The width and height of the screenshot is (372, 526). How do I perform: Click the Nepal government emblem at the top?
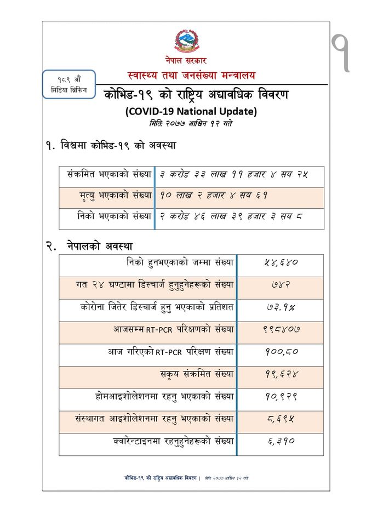click(x=186, y=40)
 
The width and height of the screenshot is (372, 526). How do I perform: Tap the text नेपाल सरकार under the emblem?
click(x=186, y=60)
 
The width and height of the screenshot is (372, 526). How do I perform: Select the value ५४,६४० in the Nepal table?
click(x=280, y=262)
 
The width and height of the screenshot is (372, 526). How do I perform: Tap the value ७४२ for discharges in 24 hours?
click(x=280, y=285)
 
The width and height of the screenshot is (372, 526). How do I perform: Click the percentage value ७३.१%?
click(x=280, y=307)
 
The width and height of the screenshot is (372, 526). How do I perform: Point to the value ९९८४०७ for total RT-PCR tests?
click(x=281, y=330)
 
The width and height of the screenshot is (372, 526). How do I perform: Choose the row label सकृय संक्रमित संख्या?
click(x=196, y=374)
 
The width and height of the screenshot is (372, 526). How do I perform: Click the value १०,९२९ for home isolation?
click(x=280, y=397)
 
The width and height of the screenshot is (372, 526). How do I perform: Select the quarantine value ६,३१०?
click(x=280, y=441)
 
